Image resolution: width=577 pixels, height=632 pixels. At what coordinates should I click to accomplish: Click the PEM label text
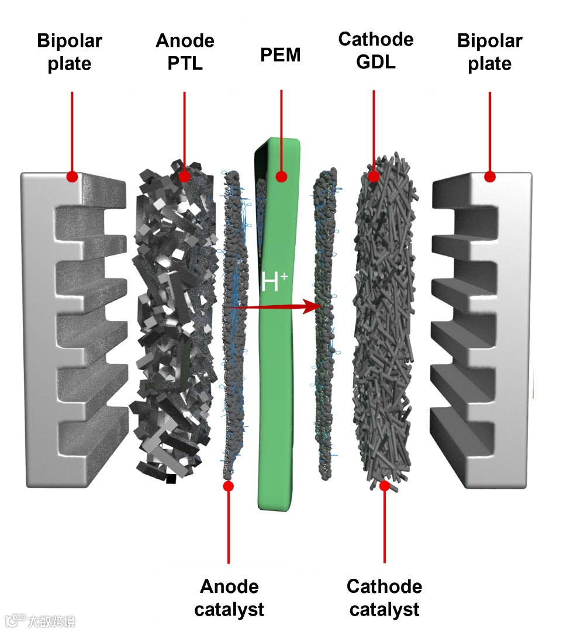pos(281,55)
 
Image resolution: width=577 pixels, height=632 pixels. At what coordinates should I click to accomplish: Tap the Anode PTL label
pos(185,51)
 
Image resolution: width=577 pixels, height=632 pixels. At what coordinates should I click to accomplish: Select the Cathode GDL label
pos(375,50)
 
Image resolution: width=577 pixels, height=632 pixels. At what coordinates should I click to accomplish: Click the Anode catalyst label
pos(229,598)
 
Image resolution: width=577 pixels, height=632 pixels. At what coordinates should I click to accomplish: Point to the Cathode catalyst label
pos(384,598)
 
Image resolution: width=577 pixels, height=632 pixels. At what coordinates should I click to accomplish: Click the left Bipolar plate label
pos(70,52)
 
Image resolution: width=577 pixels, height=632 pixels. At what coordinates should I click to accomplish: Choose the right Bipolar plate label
pos(490,52)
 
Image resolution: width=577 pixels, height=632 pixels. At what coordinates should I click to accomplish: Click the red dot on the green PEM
pos(281,177)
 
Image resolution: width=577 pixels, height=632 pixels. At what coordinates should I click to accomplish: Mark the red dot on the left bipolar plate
pos(72,176)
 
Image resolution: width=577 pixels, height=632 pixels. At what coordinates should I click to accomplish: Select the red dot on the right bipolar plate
pos(490,176)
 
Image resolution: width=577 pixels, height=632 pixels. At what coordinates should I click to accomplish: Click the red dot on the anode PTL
pos(184,175)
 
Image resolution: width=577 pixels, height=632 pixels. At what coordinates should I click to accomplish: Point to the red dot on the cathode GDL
pos(374,175)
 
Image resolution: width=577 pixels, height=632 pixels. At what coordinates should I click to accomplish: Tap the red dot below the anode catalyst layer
pos(229,486)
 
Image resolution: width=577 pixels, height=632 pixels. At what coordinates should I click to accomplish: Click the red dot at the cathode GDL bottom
pos(384,485)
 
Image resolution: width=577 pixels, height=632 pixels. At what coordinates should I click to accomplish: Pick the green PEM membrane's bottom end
pos(275,503)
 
